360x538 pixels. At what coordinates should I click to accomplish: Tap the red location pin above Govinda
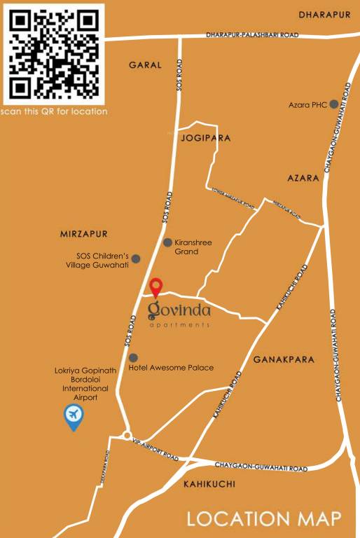coord(156,286)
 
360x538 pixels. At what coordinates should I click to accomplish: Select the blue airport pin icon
coord(73,417)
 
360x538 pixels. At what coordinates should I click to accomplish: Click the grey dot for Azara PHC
coord(334,104)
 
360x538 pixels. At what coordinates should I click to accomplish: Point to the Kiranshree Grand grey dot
coord(167,242)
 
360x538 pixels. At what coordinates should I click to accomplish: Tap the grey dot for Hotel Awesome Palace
coord(133,358)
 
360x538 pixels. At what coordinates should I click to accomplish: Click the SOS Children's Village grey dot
coord(136,258)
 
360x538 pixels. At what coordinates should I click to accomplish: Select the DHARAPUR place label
coord(324,15)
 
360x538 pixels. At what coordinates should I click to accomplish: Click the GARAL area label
coord(145,64)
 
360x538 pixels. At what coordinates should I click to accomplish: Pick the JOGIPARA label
coord(206,138)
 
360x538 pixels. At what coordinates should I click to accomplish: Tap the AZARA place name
coord(303,178)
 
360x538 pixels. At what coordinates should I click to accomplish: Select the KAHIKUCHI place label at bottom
coord(209,484)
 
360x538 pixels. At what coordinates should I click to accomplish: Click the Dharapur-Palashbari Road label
coord(252,34)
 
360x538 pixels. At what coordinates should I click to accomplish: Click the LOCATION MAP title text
coord(264,519)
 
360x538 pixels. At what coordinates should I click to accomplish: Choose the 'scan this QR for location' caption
coord(54,111)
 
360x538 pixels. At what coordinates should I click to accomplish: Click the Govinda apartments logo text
coord(179,310)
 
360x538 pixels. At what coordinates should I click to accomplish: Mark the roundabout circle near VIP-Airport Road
coord(125,435)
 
